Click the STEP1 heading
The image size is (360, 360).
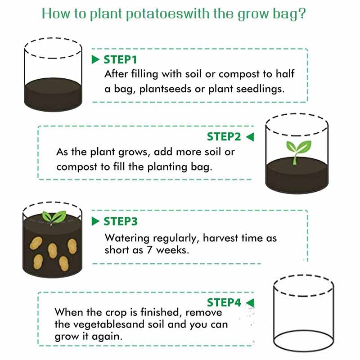[120, 60]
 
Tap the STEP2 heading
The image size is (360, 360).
[224, 137]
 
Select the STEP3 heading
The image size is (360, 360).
[121, 221]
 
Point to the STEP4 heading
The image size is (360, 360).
[224, 302]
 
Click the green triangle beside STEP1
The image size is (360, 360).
[95, 60]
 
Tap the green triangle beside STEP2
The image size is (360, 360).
[250, 137]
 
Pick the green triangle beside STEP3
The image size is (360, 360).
[95, 221]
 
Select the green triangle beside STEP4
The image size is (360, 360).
[250, 302]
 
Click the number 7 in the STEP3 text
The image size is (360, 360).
[149, 250]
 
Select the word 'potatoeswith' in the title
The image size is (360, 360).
[168, 14]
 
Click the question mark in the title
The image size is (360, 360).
[302, 13]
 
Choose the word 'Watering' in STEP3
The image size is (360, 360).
[127, 238]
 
